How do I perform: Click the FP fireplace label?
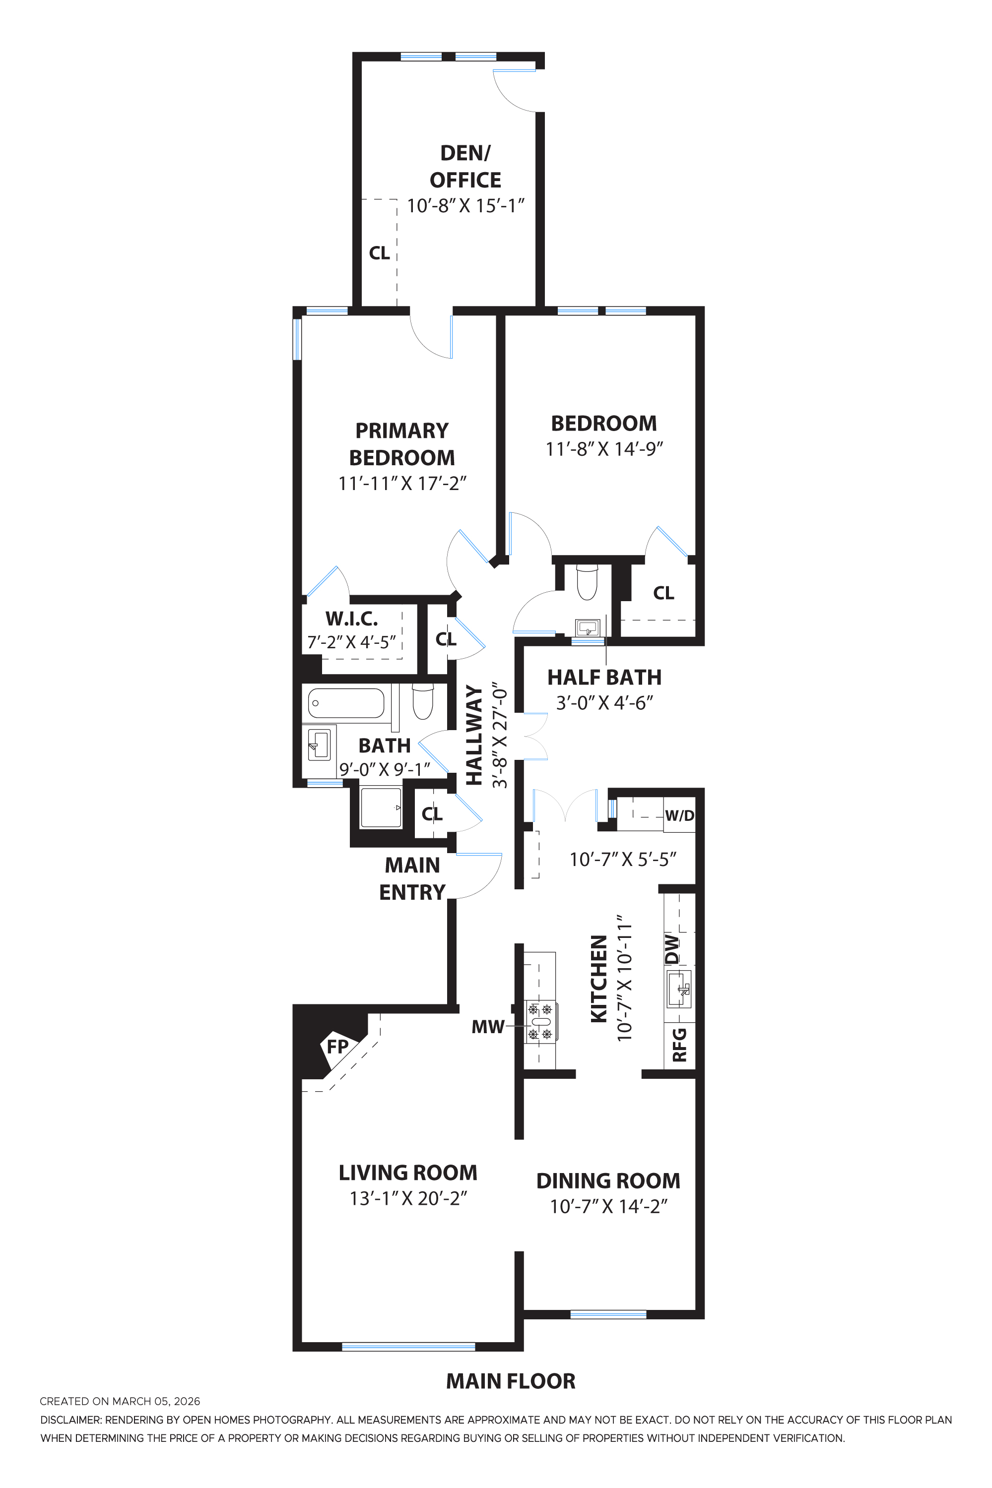point(337,1047)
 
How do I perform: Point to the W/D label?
point(679,816)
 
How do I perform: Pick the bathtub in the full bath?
point(346,702)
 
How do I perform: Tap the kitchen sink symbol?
point(679,990)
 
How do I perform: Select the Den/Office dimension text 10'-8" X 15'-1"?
point(465,206)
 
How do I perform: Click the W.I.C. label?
point(352,618)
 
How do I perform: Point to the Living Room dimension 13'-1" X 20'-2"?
point(408,1198)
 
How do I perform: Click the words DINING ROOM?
point(608,1180)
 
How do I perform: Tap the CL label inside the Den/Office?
point(379,253)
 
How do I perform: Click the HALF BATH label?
point(604,677)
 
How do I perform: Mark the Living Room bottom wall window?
point(408,1346)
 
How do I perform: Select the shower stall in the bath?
point(381,807)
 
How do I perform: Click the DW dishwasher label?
point(672,948)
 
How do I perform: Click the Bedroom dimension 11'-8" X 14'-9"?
point(604,449)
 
